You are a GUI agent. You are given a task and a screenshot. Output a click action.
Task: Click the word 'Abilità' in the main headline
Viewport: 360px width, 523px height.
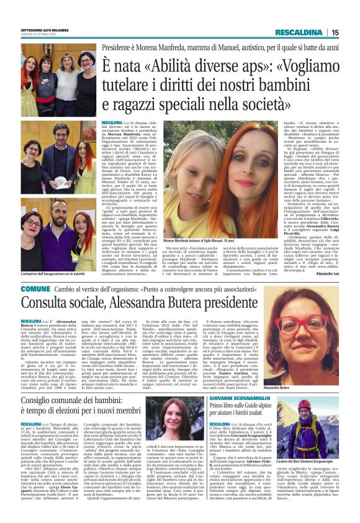click(x=170, y=65)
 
